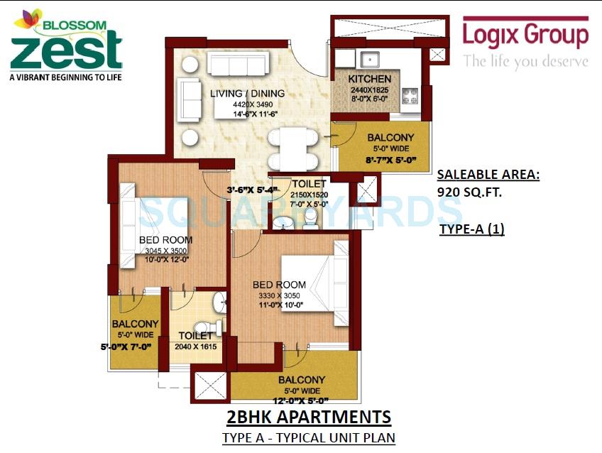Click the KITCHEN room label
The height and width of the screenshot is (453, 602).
pos(369,78)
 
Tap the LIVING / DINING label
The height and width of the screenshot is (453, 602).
pos(248,94)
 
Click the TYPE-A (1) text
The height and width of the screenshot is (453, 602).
pos(471,229)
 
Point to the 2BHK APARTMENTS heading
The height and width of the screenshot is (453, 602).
pos(309,417)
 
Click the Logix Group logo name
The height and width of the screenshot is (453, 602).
pos(525,36)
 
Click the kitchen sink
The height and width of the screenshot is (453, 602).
pos(372,59)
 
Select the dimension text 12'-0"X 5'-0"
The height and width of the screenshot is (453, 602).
pos(303,400)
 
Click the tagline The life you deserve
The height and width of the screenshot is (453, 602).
pos(526,62)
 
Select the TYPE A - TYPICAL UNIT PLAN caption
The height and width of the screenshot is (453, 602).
pos(309,438)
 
